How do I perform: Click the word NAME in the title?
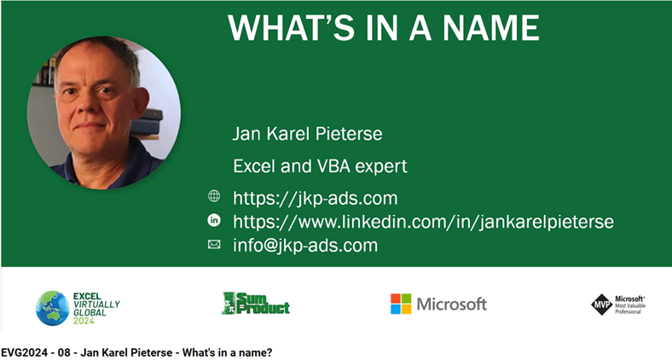tap(490, 27)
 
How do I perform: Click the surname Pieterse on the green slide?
tap(349, 134)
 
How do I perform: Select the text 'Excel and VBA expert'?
tap(320, 166)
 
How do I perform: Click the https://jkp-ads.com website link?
tap(315, 199)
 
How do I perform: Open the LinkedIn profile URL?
tap(423, 222)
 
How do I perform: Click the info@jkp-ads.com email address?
tap(305, 245)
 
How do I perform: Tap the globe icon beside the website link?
tap(214, 196)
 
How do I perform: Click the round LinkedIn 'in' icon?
tap(214, 220)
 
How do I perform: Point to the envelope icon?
tap(214, 244)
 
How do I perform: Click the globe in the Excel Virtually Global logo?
tap(52, 308)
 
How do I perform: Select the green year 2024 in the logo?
tap(84, 321)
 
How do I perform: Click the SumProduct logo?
tap(256, 304)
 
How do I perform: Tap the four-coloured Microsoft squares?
tap(401, 304)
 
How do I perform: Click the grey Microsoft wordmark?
tap(452, 304)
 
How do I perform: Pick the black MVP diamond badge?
tap(602, 305)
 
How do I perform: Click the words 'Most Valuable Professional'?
tap(630, 309)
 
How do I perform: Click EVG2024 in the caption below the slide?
tap(25, 352)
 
